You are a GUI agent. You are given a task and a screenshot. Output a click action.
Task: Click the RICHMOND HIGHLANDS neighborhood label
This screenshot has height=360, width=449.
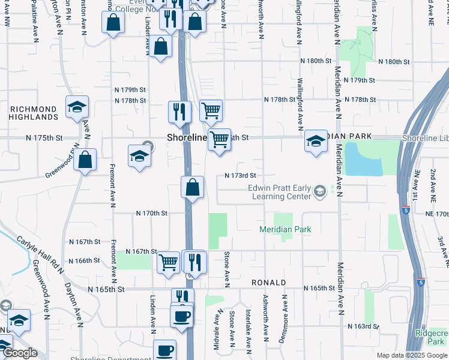(x=34, y=113)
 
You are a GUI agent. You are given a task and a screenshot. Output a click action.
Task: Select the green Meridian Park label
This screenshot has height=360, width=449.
(x=285, y=229)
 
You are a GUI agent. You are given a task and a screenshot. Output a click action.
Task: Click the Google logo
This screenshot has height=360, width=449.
(x=19, y=353)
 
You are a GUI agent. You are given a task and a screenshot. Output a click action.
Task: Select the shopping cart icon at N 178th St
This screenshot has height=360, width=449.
(x=211, y=110)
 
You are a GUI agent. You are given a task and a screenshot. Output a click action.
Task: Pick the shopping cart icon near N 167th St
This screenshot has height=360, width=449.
(x=168, y=262)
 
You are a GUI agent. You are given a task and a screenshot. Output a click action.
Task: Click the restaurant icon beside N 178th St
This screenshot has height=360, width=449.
(x=179, y=112)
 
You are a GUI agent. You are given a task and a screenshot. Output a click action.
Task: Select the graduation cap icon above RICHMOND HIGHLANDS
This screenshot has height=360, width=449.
(x=77, y=107)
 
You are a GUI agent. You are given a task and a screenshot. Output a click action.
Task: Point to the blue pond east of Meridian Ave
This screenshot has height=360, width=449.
(x=364, y=159)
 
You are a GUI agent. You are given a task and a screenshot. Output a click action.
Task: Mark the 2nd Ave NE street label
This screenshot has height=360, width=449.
(x=432, y=184)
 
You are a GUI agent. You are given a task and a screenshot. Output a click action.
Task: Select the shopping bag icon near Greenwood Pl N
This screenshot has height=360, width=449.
(x=85, y=160)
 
